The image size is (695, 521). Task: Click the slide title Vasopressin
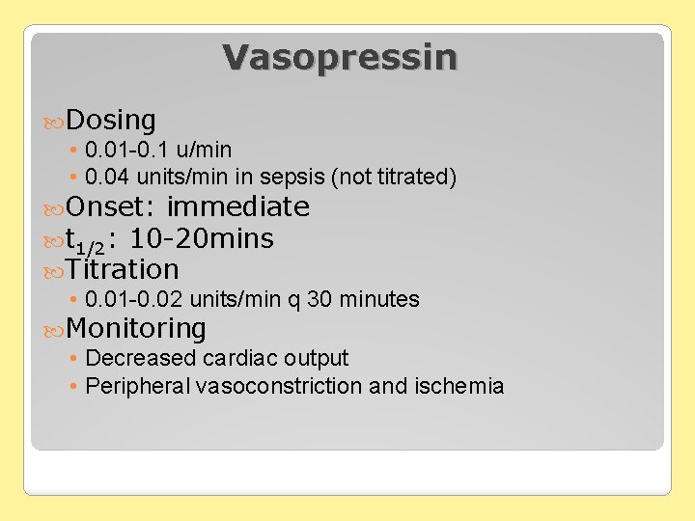340,57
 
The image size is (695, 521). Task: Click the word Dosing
112,121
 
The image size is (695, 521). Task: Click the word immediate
237,207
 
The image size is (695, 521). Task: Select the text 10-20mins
201,238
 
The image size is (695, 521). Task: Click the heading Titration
123,269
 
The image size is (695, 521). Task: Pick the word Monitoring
136,329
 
